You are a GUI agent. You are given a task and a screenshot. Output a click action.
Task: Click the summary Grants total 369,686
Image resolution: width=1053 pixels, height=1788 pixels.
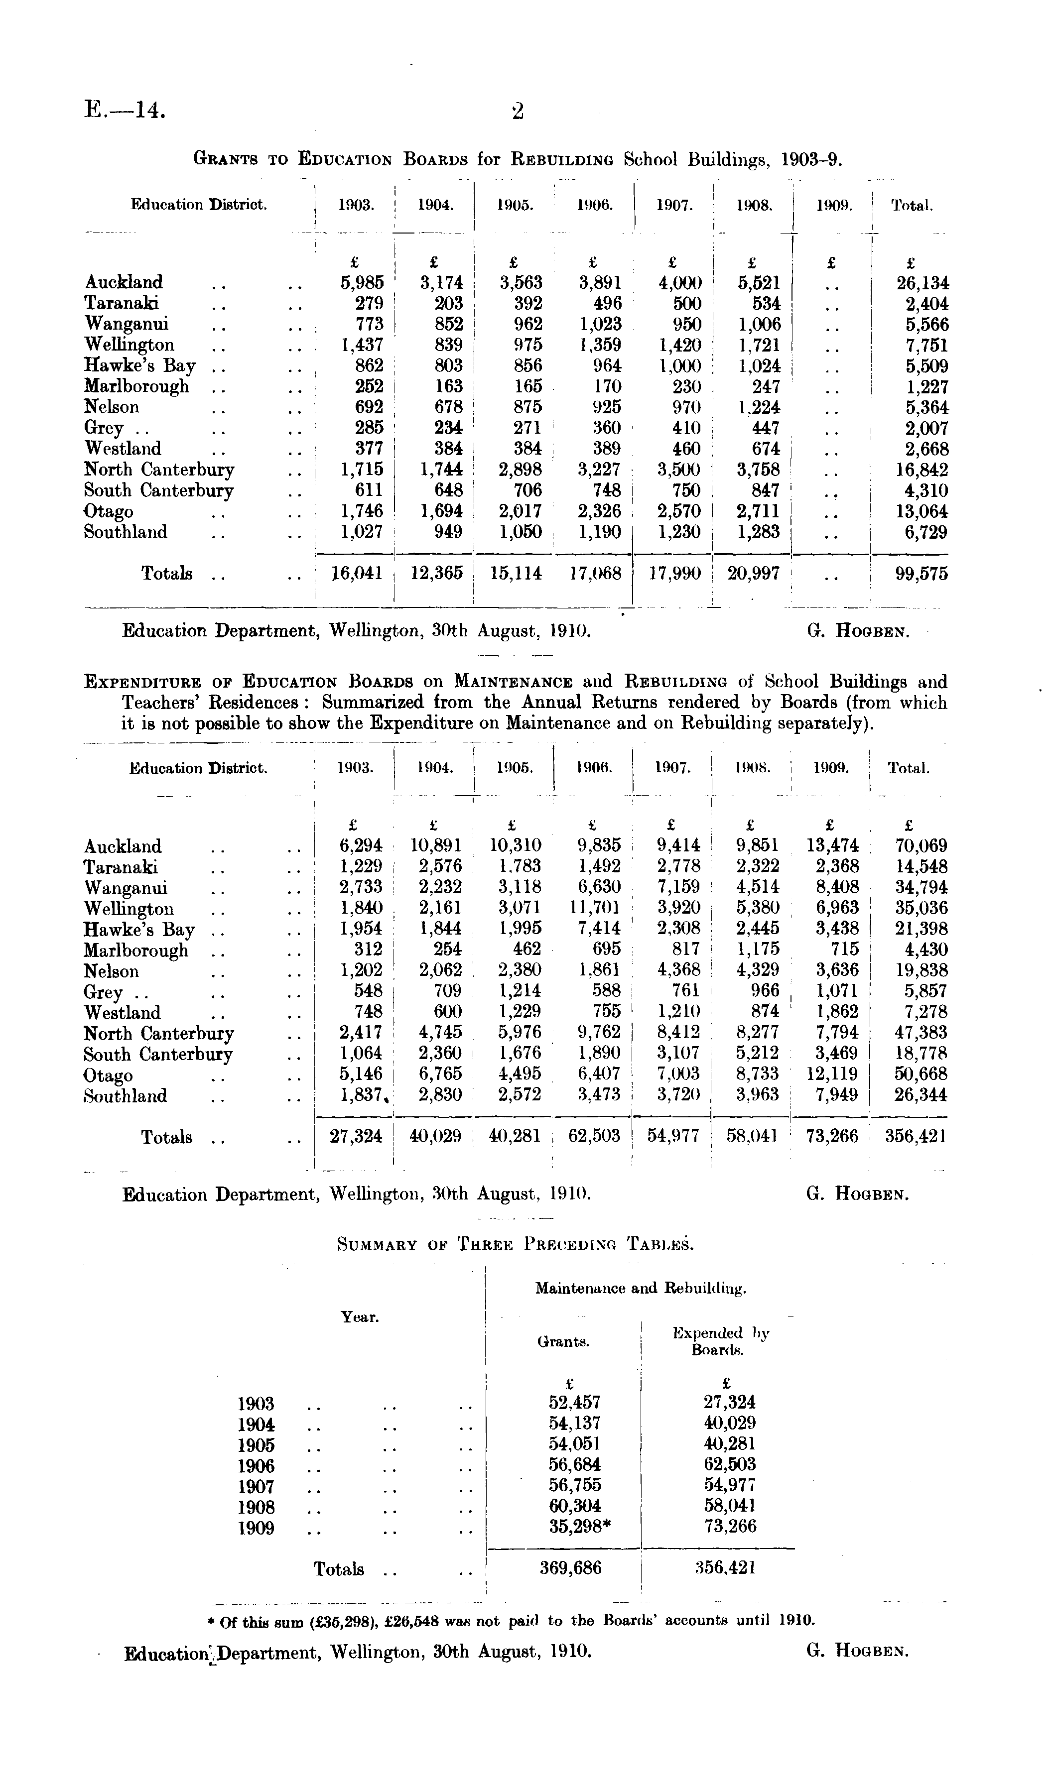(x=570, y=1567)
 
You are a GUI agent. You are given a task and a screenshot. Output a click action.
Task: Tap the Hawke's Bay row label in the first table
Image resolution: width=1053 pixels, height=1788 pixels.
(x=139, y=366)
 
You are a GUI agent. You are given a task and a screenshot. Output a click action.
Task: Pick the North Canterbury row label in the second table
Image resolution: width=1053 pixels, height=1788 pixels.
(x=158, y=1033)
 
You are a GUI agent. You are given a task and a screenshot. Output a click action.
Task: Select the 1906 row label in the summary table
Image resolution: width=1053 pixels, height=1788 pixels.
(x=256, y=1465)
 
